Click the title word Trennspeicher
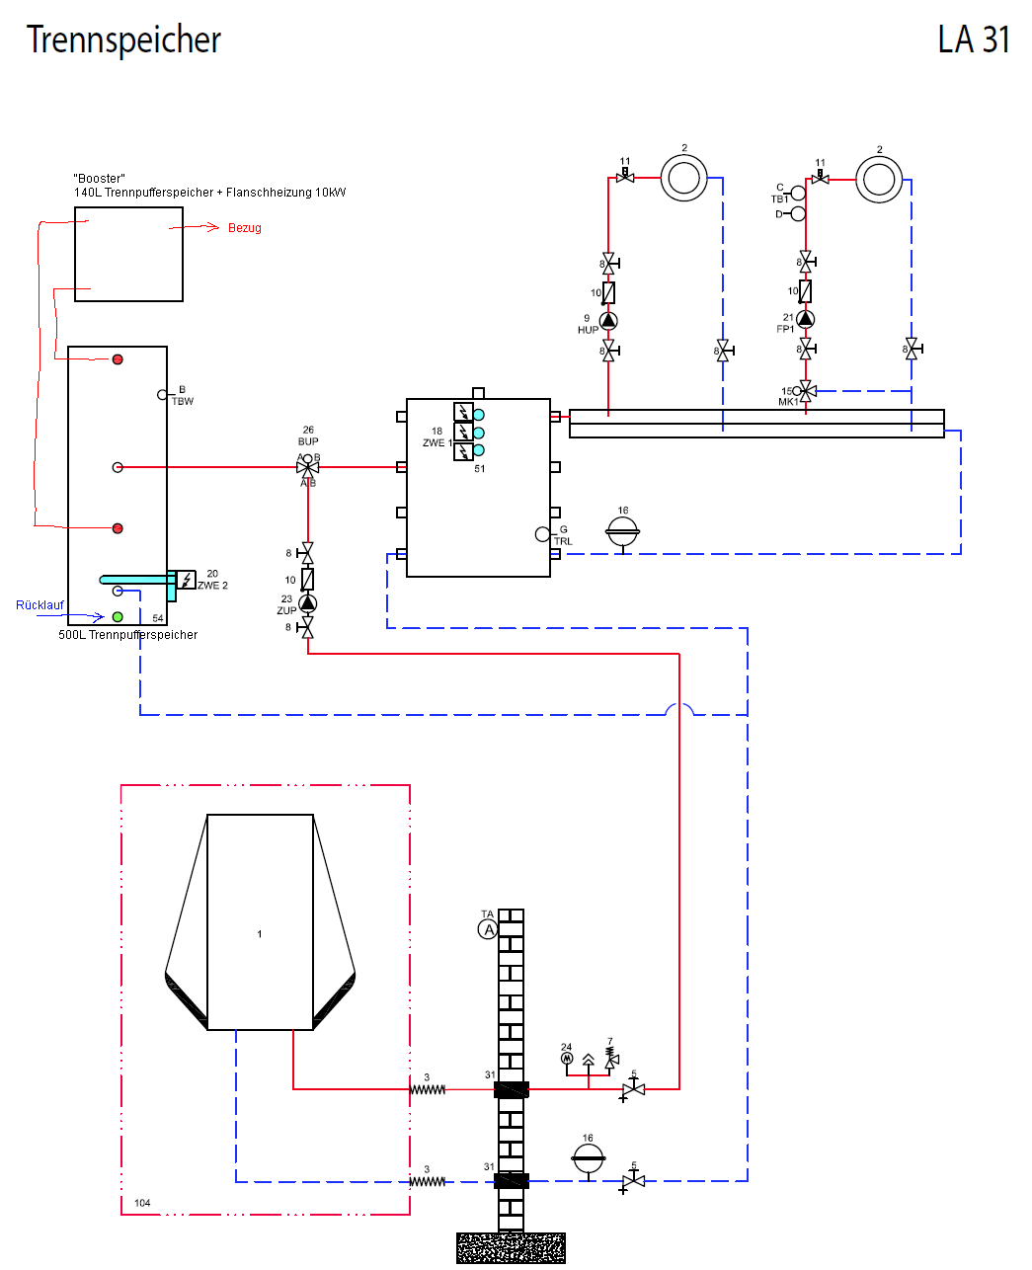[123, 40]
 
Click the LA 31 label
[974, 40]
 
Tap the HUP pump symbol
[608, 320]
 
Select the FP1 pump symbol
[806, 318]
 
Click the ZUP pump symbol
[308, 602]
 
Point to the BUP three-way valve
[308, 467]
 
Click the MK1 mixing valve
[806, 391]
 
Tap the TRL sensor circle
[542, 534]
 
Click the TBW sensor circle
[163, 395]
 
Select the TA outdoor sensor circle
[488, 929]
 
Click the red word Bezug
[245, 228]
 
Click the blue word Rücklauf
[40, 605]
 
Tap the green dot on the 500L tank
[118, 617]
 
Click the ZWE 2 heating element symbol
[186, 580]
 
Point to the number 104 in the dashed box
[142, 1203]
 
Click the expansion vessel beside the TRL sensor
[623, 532]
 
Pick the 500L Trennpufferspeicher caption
[128, 635]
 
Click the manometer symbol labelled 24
[567, 1058]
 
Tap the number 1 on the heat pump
[260, 934]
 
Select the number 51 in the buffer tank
[480, 469]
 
